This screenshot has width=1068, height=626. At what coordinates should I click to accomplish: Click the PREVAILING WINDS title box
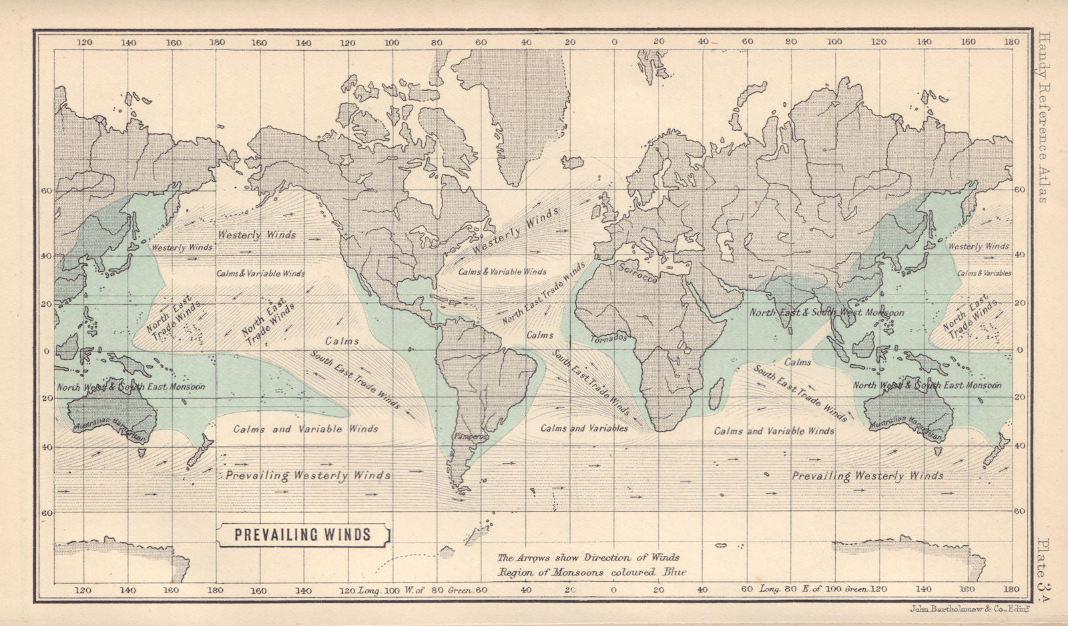click(x=302, y=534)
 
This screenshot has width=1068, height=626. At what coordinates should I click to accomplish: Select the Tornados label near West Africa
click(x=608, y=338)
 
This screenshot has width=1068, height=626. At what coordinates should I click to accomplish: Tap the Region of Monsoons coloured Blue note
click(x=591, y=572)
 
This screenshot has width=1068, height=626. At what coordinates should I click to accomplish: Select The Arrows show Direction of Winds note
click(x=588, y=557)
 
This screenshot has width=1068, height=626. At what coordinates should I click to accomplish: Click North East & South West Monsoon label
click(x=826, y=312)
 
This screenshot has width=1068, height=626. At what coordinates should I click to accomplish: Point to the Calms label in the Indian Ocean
click(x=798, y=362)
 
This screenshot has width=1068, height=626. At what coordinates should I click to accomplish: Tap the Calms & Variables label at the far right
click(x=984, y=273)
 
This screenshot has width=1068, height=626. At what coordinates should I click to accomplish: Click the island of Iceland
click(x=573, y=162)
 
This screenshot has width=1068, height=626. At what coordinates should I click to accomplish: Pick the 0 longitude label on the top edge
click(x=614, y=42)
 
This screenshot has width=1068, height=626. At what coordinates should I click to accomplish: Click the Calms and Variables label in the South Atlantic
click(x=584, y=428)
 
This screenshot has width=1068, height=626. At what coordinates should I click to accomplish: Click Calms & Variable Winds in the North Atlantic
click(x=502, y=272)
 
